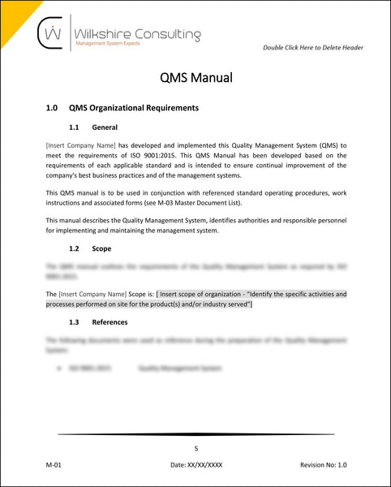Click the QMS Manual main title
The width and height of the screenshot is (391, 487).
click(x=195, y=78)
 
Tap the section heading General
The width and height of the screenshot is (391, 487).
click(x=105, y=127)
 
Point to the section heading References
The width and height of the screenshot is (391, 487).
click(x=110, y=322)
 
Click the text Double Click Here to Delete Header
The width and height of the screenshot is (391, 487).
click(x=313, y=48)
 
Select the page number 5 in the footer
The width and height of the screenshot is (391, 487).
click(x=195, y=448)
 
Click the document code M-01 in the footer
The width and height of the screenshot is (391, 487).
click(x=54, y=465)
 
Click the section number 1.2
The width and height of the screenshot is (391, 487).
click(x=75, y=248)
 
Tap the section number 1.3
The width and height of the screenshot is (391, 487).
click(x=75, y=322)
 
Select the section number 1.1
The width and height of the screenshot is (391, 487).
click(x=75, y=127)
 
